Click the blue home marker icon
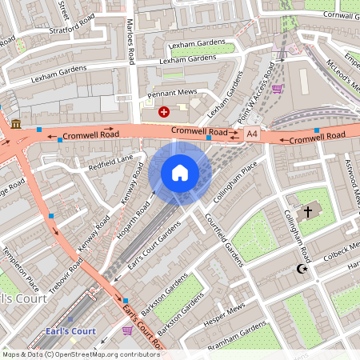[x=180, y=172]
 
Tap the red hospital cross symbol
[x=164, y=112]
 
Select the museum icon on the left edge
[x=17, y=123]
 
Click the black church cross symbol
[x=308, y=212]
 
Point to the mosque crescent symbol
[x=302, y=269]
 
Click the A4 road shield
[x=253, y=134]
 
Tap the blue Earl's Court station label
[x=70, y=331]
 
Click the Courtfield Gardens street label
[x=223, y=240]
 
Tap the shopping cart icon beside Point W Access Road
[x=277, y=89]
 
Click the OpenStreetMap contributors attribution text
[x=80, y=354]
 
